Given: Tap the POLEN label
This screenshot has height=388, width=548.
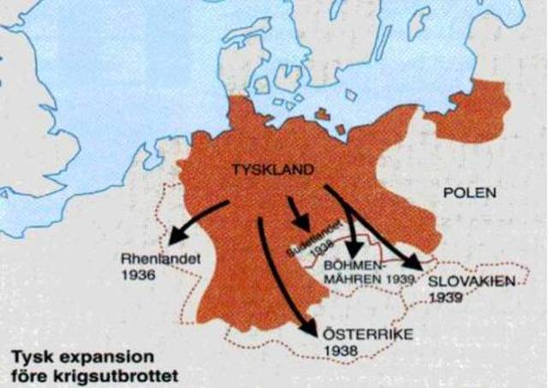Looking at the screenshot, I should coord(469,193).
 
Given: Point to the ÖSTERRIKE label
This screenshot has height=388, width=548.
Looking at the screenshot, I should coord(357,332).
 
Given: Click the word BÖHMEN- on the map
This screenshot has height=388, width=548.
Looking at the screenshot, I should coord(353,266).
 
